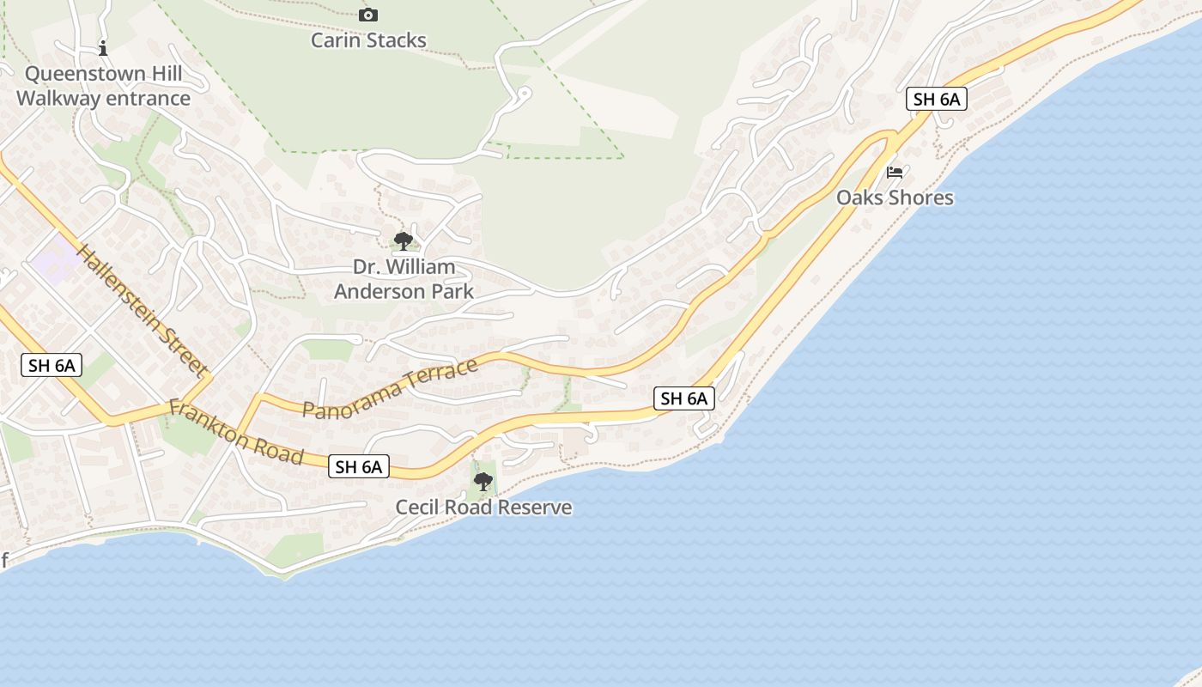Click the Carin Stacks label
coord(368,40)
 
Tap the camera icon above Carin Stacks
coord(368,15)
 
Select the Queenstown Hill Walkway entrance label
coord(103,86)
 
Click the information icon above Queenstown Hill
coord(103,48)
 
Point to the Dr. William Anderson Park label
coord(404,279)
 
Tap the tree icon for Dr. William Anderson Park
coord(403,241)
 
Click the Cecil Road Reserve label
coord(483,508)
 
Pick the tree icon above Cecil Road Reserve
coord(483,482)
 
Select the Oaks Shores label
coord(895,198)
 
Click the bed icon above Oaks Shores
coord(895,173)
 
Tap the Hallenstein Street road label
coord(143,311)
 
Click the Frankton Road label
coord(236,431)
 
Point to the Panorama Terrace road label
coord(391,389)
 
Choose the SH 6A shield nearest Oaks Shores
coord(936,99)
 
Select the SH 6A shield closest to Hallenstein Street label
coord(52,365)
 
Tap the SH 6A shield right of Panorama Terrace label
coord(684,398)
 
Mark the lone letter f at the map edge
coord(4,562)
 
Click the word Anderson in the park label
coord(373,291)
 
